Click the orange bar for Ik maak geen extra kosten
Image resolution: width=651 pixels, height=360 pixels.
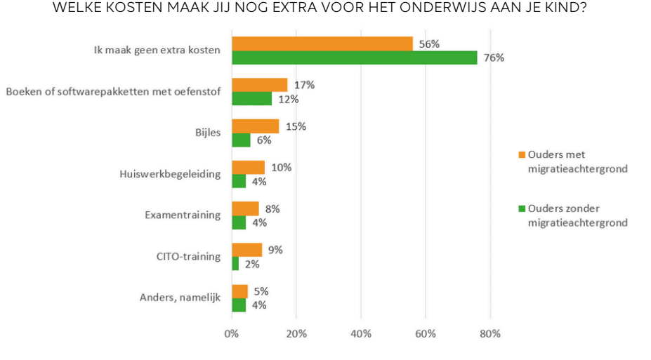point(322,44)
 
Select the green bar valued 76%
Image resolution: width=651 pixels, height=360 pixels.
point(354,58)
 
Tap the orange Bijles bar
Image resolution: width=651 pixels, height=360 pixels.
point(255,126)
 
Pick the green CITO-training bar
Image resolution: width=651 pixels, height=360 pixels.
point(235,264)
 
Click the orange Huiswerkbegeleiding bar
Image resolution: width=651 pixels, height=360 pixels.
point(248,168)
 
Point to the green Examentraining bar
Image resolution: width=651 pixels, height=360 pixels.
point(239,222)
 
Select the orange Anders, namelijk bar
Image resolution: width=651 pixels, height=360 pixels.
point(239,291)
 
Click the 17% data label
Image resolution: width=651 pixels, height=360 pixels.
point(305,85)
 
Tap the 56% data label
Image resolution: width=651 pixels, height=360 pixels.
point(429,44)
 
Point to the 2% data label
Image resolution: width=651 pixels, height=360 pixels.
point(253,264)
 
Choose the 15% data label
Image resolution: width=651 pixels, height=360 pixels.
point(296,126)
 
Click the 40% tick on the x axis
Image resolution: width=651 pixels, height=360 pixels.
point(360,333)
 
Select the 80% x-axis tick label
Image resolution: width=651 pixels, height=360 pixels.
point(489,333)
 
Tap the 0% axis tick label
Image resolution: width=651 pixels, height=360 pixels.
point(232,333)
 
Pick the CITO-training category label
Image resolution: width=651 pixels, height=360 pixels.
point(188,256)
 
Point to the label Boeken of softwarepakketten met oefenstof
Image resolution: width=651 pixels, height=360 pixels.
point(113,91)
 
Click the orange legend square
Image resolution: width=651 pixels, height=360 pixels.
point(522,154)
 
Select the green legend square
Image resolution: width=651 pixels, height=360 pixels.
point(522,208)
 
